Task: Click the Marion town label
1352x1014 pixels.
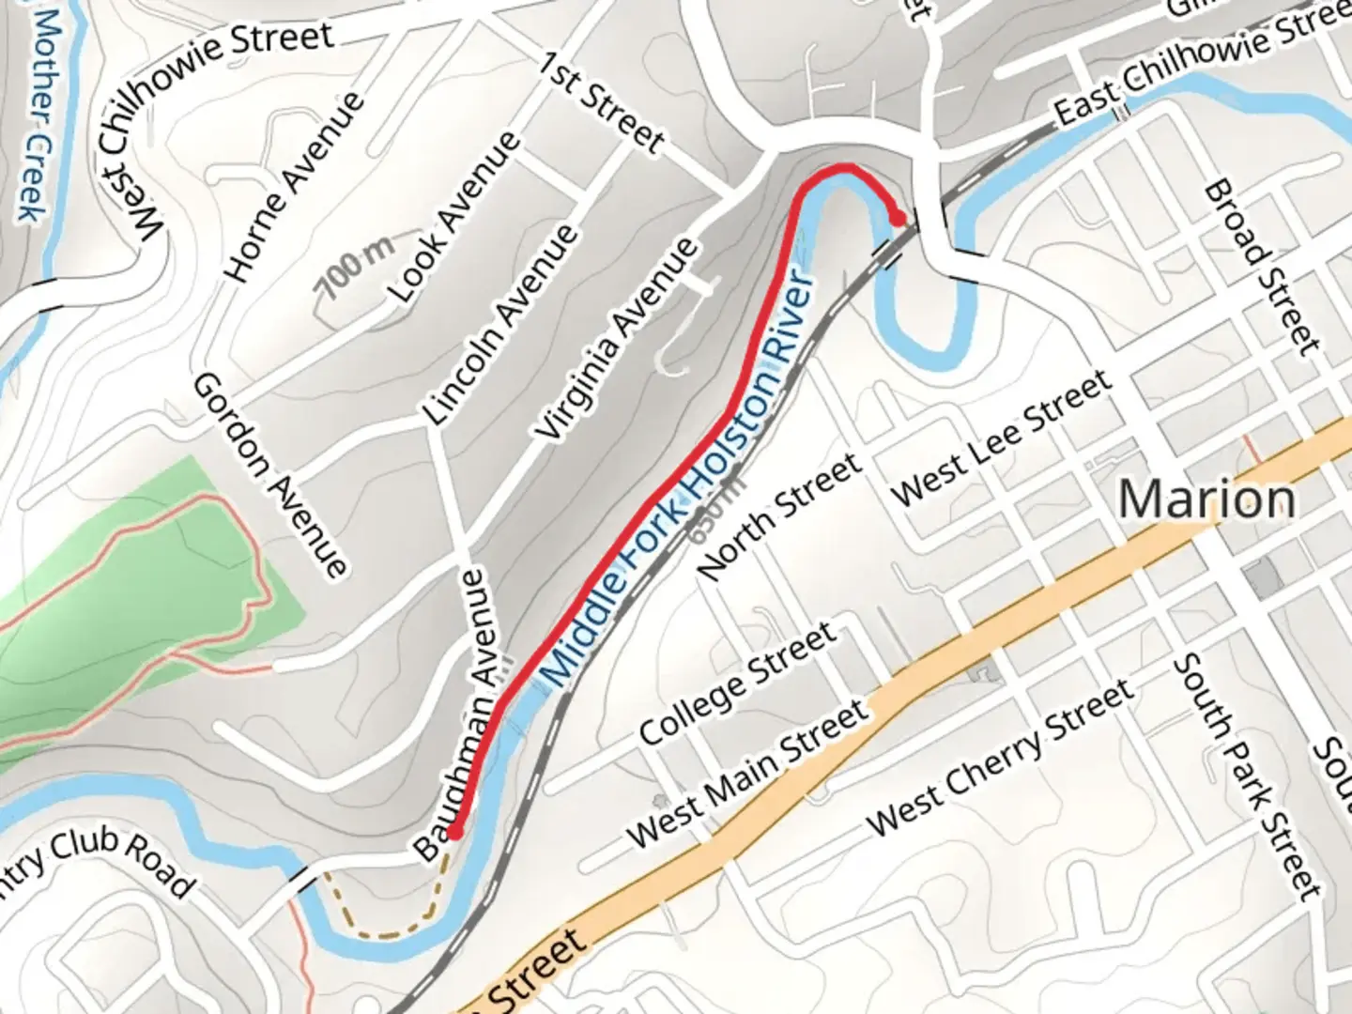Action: point(1206,499)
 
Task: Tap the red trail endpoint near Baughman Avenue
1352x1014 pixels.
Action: point(454,832)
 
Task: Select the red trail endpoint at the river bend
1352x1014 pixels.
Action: point(898,219)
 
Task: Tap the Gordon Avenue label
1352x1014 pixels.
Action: point(270,474)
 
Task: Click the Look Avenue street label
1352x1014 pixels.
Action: point(456,217)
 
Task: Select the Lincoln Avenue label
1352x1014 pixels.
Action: point(499,324)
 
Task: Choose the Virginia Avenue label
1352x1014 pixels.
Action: point(617,339)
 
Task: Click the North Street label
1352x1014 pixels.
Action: point(780,515)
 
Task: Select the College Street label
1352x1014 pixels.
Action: point(738,683)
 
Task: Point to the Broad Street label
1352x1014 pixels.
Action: point(1261,267)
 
